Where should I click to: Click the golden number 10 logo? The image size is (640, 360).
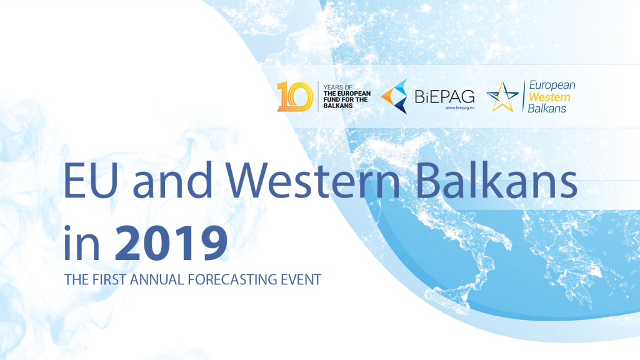[x=295, y=96]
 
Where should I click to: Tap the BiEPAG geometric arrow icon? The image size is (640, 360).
[x=394, y=96]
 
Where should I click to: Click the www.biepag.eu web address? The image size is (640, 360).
[x=459, y=107]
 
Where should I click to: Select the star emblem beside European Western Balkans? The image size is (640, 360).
[x=502, y=97]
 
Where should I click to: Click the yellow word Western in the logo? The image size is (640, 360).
[x=549, y=97]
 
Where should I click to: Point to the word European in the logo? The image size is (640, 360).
[x=552, y=85]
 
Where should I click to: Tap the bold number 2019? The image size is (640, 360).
[x=171, y=243]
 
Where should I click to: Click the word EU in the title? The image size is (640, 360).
[x=91, y=181]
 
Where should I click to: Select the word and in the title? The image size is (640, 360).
[x=173, y=179]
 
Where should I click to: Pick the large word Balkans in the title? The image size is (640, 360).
[x=496, y=179]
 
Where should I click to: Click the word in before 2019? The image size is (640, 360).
[x=82, y=243]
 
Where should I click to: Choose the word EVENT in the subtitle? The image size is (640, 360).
[x=301, y=279]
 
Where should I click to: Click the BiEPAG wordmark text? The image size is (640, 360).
[x=444, y=97]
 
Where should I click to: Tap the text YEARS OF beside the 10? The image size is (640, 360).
[x=338, y=87]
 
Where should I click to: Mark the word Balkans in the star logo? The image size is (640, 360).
[x=547, y=109]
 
